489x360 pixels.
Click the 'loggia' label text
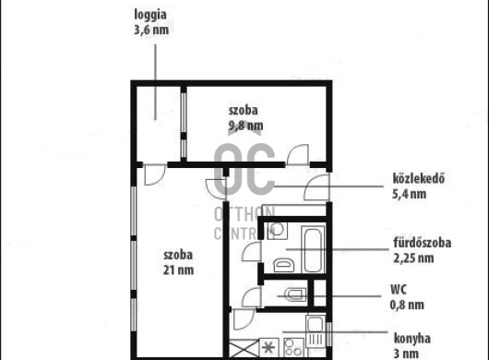point(151,15)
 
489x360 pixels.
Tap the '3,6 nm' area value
point(151,29)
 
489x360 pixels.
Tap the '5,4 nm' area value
point(411,194)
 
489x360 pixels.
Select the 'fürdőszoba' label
point(422,244)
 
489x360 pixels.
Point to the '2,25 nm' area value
point(411,258)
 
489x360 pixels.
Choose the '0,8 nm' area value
point(407,304)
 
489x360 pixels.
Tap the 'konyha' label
point(411,339)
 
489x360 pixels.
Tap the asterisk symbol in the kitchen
point(268,349)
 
